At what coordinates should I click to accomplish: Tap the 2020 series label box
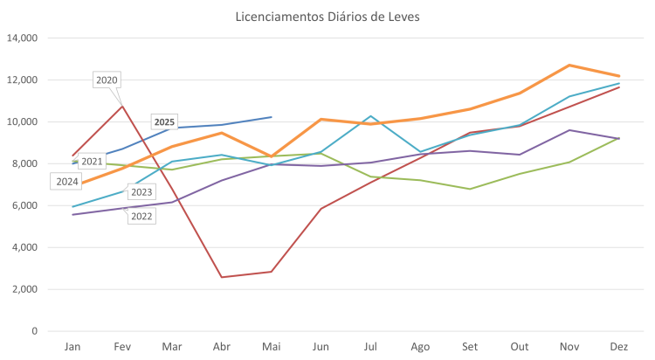pyautogui.click(x=106, y=80)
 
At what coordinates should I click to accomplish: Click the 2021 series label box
pyautogui.click(x=92, y=161)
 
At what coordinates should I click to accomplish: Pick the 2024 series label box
pyautogui.click(x=67, y=181)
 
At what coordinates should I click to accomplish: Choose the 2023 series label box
pyautogui.click(x=141, y=192)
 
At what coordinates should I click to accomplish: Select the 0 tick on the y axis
pyautogui.click(x=34, y=331)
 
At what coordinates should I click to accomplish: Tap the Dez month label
pyautogui.click(x=618, y=347)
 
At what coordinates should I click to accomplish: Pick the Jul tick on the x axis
pyautogui.click(x=370, y=347)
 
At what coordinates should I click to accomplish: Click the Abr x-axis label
pyautogui.click(x=222, y=347)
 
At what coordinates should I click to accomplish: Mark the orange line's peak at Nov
pyautogui.click(x=569, y=65)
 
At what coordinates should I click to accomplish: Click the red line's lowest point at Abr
pyautogui.click(x=222, y=277)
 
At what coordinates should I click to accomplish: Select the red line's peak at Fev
pyautogui.click(x=122, y=105)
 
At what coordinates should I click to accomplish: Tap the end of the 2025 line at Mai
pyautogui.click(x=272, y=117)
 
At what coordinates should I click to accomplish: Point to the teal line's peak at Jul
pyautogui.click(x=370, y=115)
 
